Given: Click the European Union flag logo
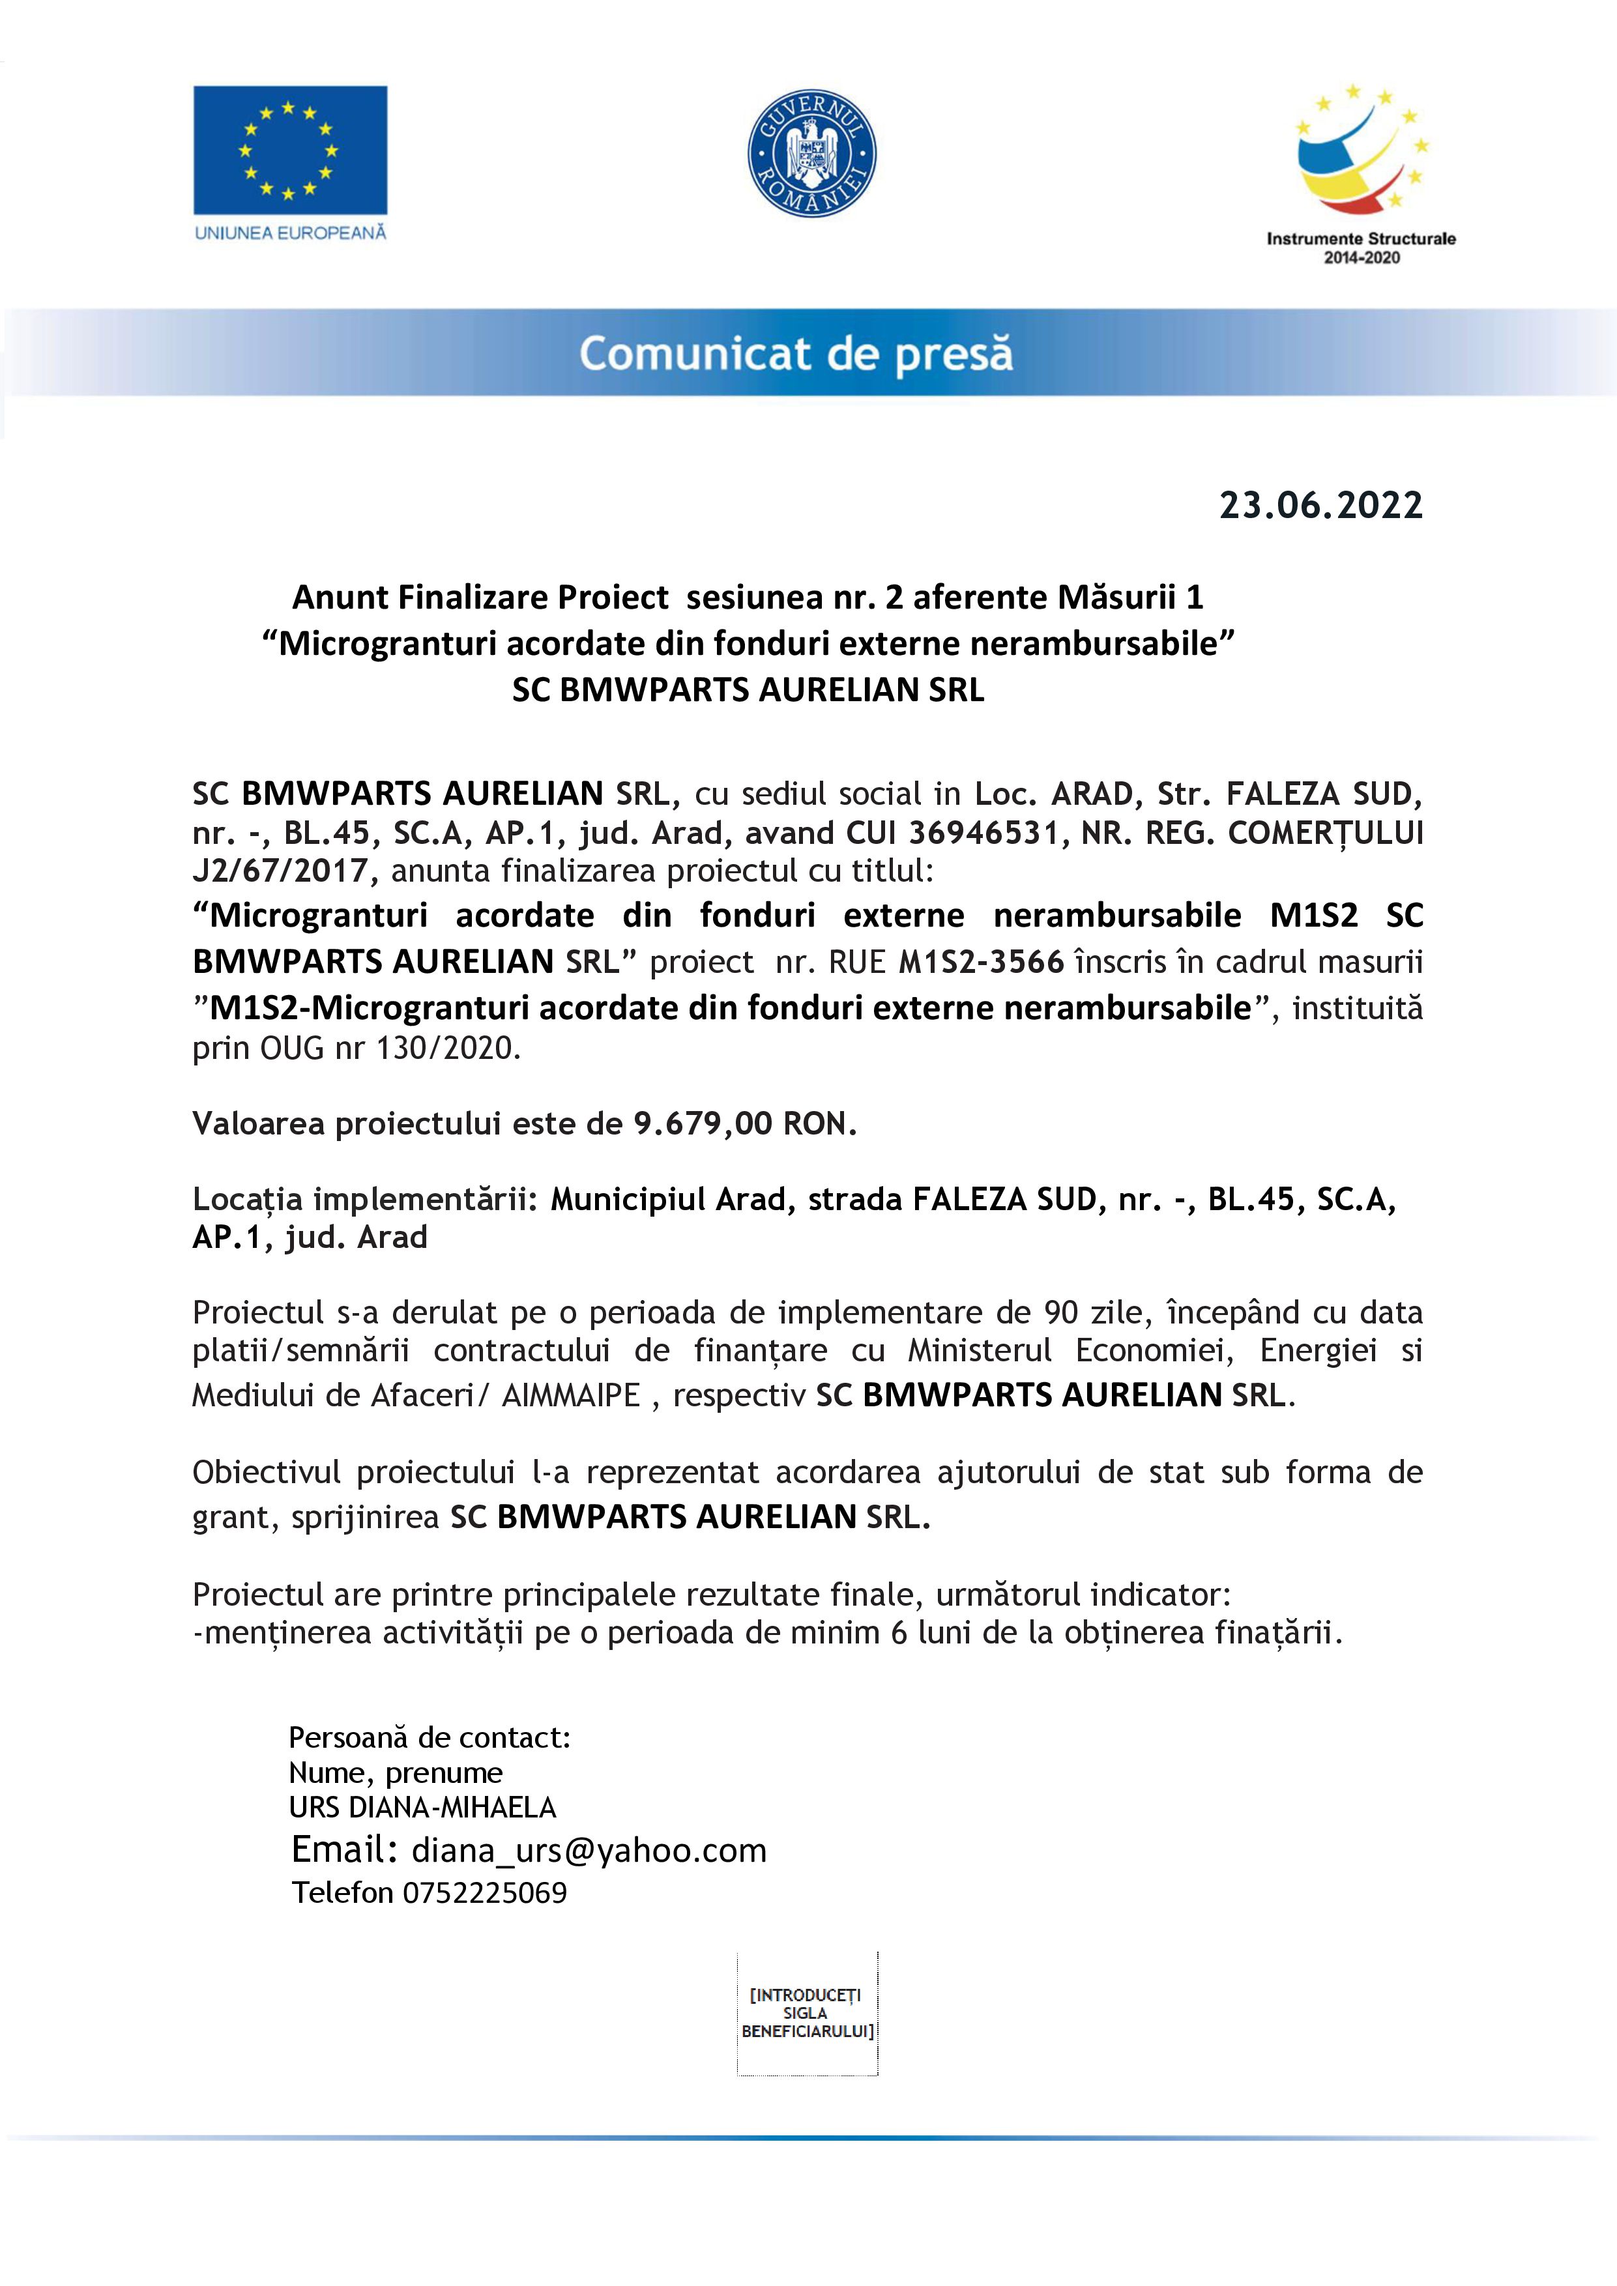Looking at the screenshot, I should point(290,151).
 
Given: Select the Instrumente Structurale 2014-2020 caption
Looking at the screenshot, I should point(1360,248).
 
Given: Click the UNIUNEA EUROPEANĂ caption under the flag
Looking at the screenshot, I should point(290,233).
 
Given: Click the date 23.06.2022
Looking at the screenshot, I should point(1320,506).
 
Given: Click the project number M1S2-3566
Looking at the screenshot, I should point(982,962).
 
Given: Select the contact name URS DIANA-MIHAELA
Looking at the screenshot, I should point(422,1807).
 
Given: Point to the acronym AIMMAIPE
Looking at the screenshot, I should point(570,1396).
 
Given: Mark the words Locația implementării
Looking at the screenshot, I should point(364,1200).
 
